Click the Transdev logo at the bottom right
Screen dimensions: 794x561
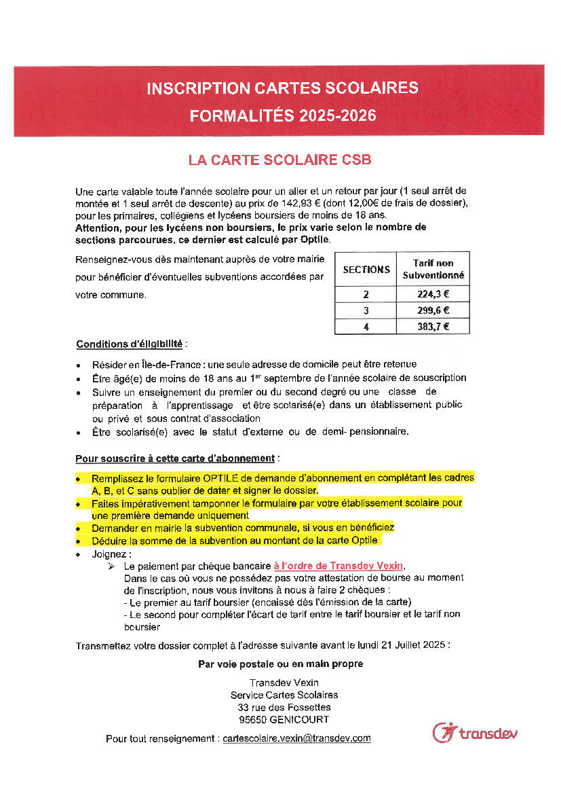point(475,733)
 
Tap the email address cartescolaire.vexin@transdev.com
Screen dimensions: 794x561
point(296,738)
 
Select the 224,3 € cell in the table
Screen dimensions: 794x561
point(433,295)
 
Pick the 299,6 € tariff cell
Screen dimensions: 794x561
point(433,310)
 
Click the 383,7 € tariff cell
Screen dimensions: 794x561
point(433,327)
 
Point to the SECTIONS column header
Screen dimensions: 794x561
point(366,269)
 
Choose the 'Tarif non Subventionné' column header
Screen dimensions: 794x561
point(433,269)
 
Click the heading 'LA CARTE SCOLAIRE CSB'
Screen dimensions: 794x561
point(279,160)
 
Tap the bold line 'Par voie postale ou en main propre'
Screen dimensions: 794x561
point(280,664)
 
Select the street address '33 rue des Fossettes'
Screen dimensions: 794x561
point(279,707)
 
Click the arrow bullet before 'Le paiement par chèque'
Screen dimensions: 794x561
point(113,566)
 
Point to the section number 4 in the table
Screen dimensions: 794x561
point(366,327)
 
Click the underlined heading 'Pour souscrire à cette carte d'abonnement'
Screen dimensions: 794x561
point(174,458)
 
